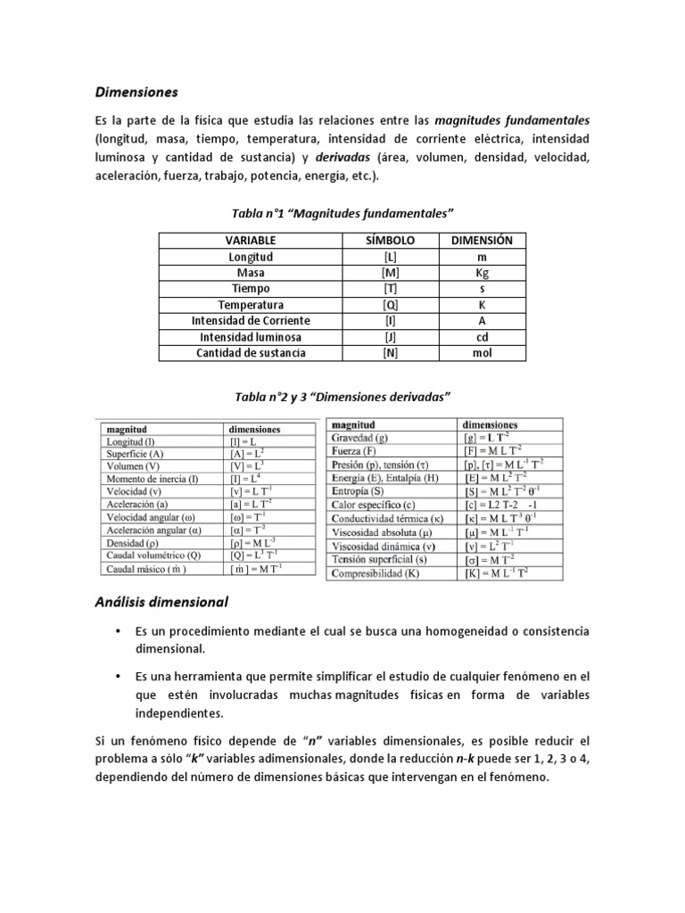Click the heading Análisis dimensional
[161, 601]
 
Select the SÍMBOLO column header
[391, 241]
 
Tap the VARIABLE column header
[251, 241]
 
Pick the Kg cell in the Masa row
[482, 273]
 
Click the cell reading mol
[482, 353]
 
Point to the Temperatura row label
[251, 305]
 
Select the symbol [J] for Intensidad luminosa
[391, 337]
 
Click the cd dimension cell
[482, 337]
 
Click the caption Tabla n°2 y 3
[342, 395]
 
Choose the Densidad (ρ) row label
[132, 542]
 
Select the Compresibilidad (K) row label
[374, 573]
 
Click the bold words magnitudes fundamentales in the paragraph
[512, 120]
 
